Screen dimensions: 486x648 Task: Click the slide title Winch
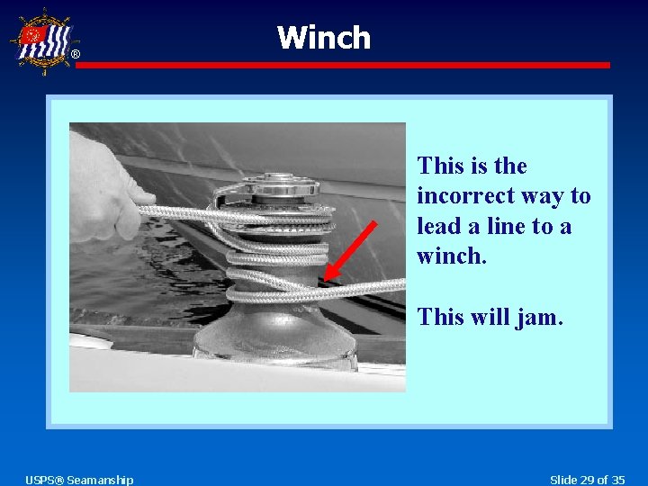point(323,38)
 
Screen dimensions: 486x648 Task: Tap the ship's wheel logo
point(42,40)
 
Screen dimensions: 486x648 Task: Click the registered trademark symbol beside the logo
point(75,55)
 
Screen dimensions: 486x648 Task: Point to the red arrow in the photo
point(350,249)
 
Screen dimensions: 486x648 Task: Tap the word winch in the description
point(450,256)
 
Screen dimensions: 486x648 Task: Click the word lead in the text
point(438,226)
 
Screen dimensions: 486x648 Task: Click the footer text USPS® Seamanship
point(79,480)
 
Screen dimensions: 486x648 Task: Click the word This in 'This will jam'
point(442,317)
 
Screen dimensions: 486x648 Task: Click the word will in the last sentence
point(491,317)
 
